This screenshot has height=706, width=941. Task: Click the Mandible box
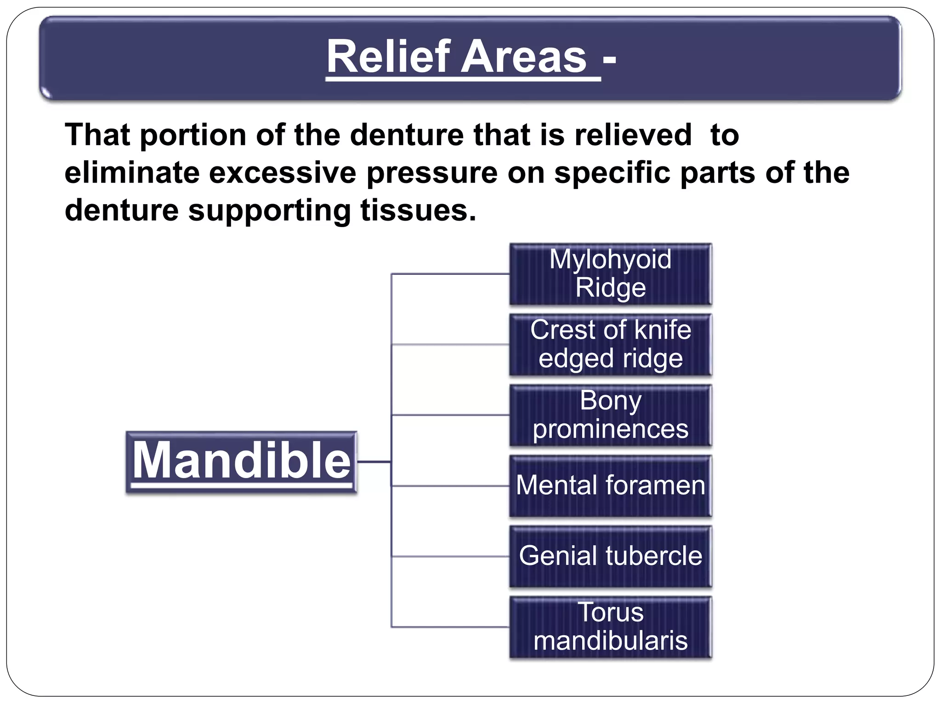coord(241,462)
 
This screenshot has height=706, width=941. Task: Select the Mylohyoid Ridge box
coord(610,274)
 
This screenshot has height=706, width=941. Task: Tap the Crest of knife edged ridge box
coord(610,344)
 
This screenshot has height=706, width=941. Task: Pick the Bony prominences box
coord(610,415)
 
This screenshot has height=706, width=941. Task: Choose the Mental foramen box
coord(610,486)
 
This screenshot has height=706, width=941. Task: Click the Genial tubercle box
coord(610,556)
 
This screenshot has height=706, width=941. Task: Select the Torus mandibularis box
coord(610,627)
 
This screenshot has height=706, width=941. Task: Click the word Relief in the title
coord(386,57)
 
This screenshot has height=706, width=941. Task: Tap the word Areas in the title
coord(524,57)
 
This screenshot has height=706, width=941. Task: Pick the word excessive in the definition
coord(282,173)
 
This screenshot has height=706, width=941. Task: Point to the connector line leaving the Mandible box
coord(373,461)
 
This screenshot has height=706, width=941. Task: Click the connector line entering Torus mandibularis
coord(450,627)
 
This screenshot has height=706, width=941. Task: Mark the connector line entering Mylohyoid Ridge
coord(450,274)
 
